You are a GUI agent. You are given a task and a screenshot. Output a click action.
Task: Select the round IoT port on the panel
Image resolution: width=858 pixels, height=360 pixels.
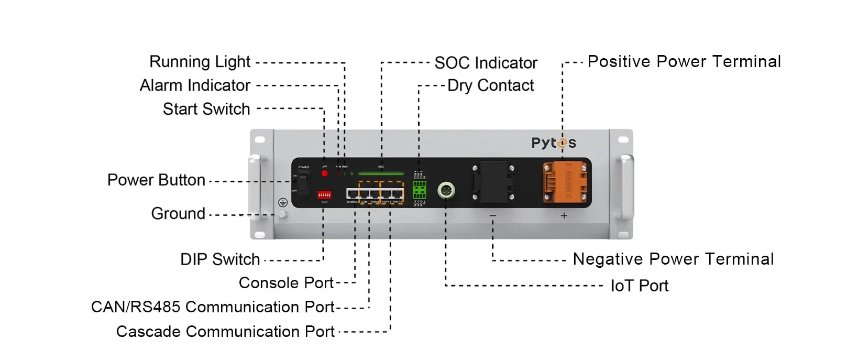pos(446,190)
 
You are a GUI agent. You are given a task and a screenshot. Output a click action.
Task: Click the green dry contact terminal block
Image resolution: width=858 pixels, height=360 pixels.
pos(420,190)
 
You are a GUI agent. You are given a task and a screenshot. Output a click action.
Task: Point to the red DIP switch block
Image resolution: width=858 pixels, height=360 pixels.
pos(324,195)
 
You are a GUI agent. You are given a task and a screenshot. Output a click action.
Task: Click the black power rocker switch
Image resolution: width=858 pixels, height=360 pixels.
pos(303,183)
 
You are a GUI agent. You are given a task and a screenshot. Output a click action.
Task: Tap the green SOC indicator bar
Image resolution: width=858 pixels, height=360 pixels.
pos(381,173)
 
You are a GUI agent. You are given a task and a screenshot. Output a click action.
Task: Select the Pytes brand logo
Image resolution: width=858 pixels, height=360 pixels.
pos(554,143)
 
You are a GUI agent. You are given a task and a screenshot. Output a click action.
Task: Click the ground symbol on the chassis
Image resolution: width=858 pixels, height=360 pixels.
pos(282,202)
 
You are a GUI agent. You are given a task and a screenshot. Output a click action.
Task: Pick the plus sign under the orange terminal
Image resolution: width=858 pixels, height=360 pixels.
pos(564,215)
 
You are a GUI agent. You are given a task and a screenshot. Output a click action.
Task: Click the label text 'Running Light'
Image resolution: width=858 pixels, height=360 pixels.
pos(200,62)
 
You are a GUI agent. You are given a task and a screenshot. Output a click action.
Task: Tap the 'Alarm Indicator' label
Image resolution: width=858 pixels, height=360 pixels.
pos(195,85)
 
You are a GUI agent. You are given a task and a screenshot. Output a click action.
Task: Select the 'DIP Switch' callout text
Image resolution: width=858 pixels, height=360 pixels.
pos(220,259)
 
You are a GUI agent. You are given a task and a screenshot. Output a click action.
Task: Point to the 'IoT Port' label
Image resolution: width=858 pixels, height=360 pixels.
pos(639,286)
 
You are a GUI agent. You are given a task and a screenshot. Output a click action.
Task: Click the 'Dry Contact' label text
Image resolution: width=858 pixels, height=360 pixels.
pos(490,85)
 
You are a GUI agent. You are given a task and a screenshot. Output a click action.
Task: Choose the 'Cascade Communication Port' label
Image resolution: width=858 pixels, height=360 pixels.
pos(225,332)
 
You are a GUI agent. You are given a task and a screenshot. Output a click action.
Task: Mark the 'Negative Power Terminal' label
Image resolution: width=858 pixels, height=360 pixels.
pos(673,259)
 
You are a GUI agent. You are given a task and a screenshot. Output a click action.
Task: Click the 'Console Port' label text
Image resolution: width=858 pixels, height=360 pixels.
pos(286,283)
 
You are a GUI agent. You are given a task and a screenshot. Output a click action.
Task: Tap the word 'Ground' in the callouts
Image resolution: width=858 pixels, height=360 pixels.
pos(178,214)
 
